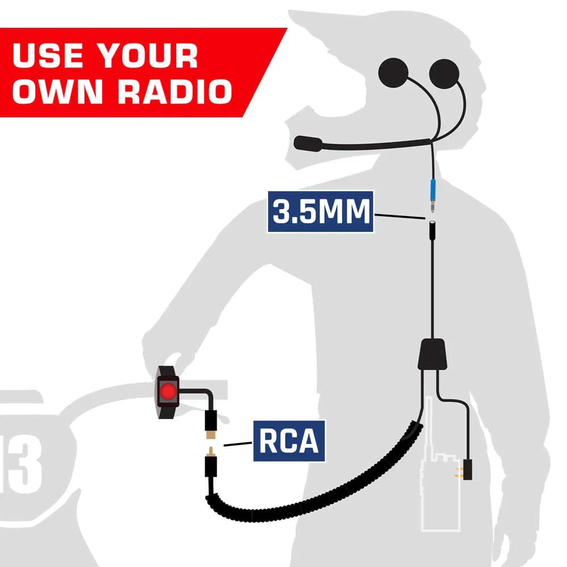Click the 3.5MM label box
(x=320, y=211)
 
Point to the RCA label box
(x=289, y=441)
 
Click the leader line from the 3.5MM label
(x=399, y=215)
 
